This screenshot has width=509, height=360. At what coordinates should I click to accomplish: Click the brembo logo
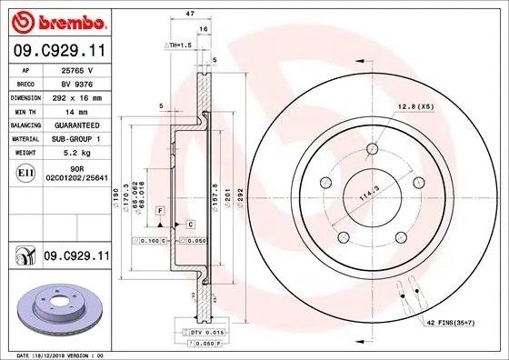tap(57, 20)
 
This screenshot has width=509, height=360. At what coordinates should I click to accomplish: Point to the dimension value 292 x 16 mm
tap(77, 95)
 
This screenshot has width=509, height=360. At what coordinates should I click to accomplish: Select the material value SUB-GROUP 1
tap(77, 138)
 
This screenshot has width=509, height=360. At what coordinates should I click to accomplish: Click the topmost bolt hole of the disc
tap(372, 151)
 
